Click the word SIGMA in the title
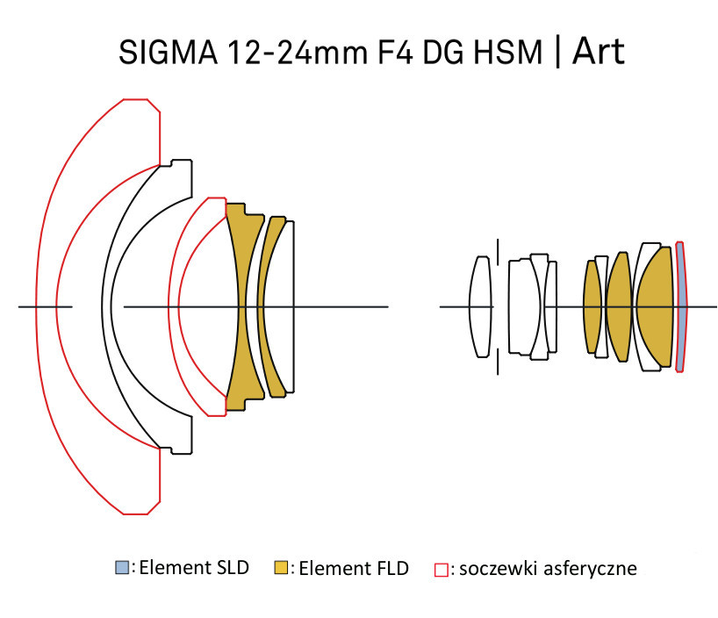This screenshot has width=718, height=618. click(x=168, y=52)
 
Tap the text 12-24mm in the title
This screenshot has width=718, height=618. click(x=298, y=52)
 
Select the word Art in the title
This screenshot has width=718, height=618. click(x=598, y=50)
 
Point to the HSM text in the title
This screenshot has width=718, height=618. click(x=508, y=52)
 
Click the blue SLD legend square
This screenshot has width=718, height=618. click(x=122, y=567)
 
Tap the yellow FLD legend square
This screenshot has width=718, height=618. click(x=281, y=567)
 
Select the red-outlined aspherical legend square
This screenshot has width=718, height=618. click(x=441, y=570)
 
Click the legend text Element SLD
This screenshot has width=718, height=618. click(x=194, y=568)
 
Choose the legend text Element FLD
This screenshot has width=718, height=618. click(x=354, y=568)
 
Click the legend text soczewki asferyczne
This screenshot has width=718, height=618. click(x=548, y=569)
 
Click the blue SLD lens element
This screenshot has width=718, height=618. click(x=681, y=306)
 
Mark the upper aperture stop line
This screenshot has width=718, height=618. click(x=498, y=252)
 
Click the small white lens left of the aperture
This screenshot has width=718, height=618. click(x=480, y=306)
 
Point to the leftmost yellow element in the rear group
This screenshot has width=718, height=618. click(x=592, y=306)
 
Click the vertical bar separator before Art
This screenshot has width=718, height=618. click(x=557, y=52)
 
